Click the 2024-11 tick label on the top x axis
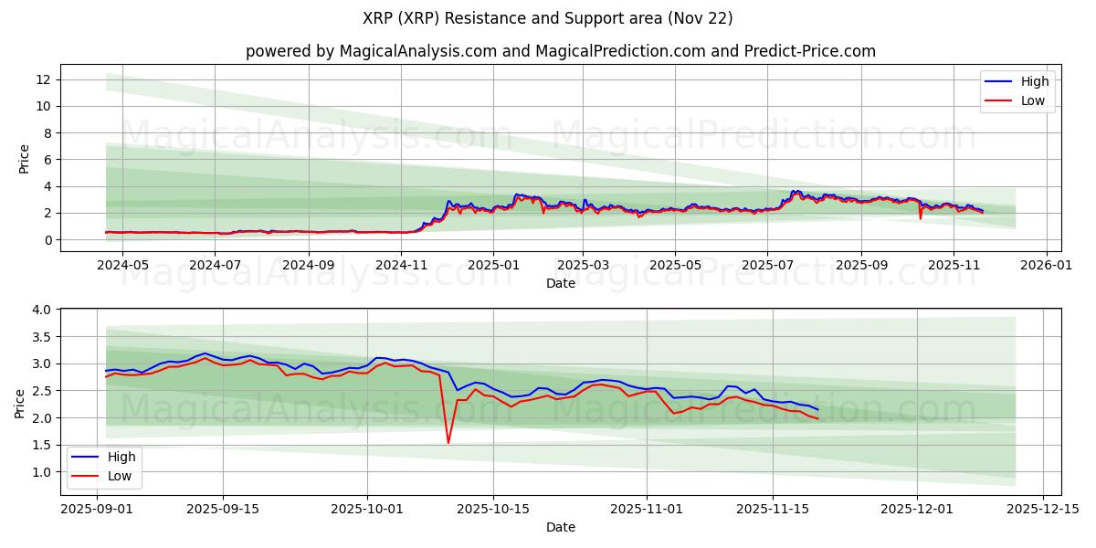click(401, 266)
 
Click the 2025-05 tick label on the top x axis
click(675, 266)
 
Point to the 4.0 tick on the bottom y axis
click(40, 310)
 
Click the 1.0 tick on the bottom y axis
click(40, 472)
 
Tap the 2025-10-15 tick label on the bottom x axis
click(493, 509)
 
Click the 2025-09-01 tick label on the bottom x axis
click(97, 509)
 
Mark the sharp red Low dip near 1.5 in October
click(448, 443)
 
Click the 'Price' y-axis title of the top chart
click(24, 158)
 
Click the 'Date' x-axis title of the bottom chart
click(560, 527)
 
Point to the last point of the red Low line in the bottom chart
click(817, 419)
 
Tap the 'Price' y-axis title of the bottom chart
click(20, 404)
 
